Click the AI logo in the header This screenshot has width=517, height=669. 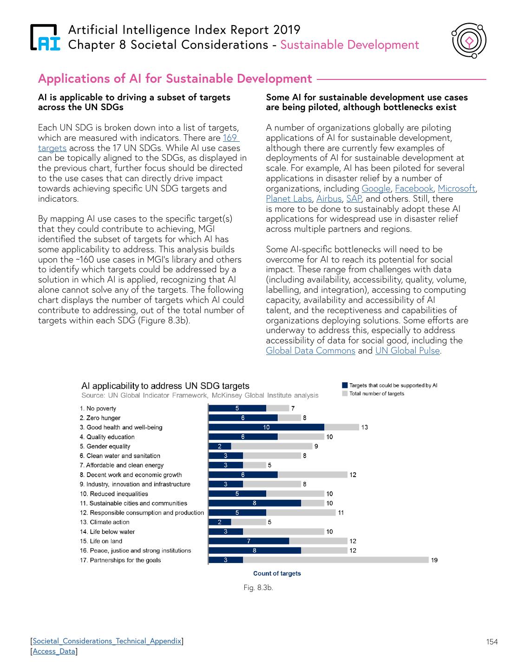[x=45, y=37]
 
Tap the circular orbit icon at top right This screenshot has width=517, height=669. [x=469, y=41]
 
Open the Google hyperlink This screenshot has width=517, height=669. [x=376, y=189]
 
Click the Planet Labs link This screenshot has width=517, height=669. [x=288, y=199]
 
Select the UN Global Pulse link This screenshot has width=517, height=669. [x=407, y=351]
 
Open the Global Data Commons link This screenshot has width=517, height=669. [x=310, y=351]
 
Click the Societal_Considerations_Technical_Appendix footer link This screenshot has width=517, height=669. [x=107, y=641]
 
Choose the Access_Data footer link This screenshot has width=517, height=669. [x=54, y=651]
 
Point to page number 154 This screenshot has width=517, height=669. [x=492, y=642]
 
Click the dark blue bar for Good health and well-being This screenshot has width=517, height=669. [x=266, y=427]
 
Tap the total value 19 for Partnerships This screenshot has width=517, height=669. [x=434, y=560]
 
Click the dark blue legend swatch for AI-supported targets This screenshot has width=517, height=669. [x=345, y=385]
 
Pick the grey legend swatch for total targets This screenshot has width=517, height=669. [x=345, y=394]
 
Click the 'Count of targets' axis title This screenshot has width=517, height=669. [x=277, y=574]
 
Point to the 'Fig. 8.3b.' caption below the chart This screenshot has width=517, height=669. [x=258, y=588]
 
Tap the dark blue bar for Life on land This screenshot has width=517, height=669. [x=249, y=541]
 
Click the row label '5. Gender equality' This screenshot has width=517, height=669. [x=105, y=446]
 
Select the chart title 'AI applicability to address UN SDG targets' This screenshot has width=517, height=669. [x=165, y=386]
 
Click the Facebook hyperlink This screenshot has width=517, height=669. [x=414, y=189]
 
